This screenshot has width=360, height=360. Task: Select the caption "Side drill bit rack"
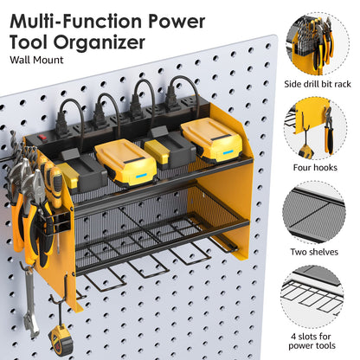click(318, 85)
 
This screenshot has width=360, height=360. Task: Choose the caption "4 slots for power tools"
click(318, 340)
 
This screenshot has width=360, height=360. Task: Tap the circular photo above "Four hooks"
click(318, 126)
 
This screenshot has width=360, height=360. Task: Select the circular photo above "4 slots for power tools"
click(318, 293)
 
